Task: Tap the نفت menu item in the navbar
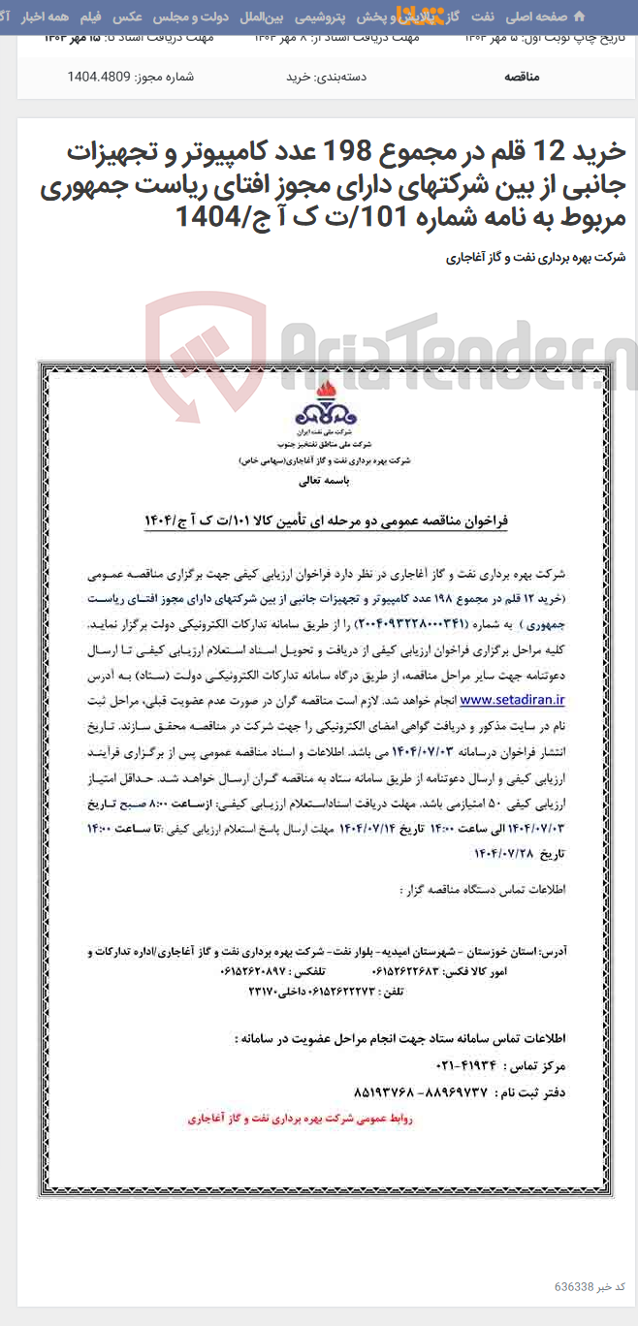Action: click(482, 16)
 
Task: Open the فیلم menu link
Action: click(89, 16)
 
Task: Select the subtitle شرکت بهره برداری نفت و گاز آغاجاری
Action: click(535, 258)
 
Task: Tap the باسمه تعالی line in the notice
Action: click(319, 480)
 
